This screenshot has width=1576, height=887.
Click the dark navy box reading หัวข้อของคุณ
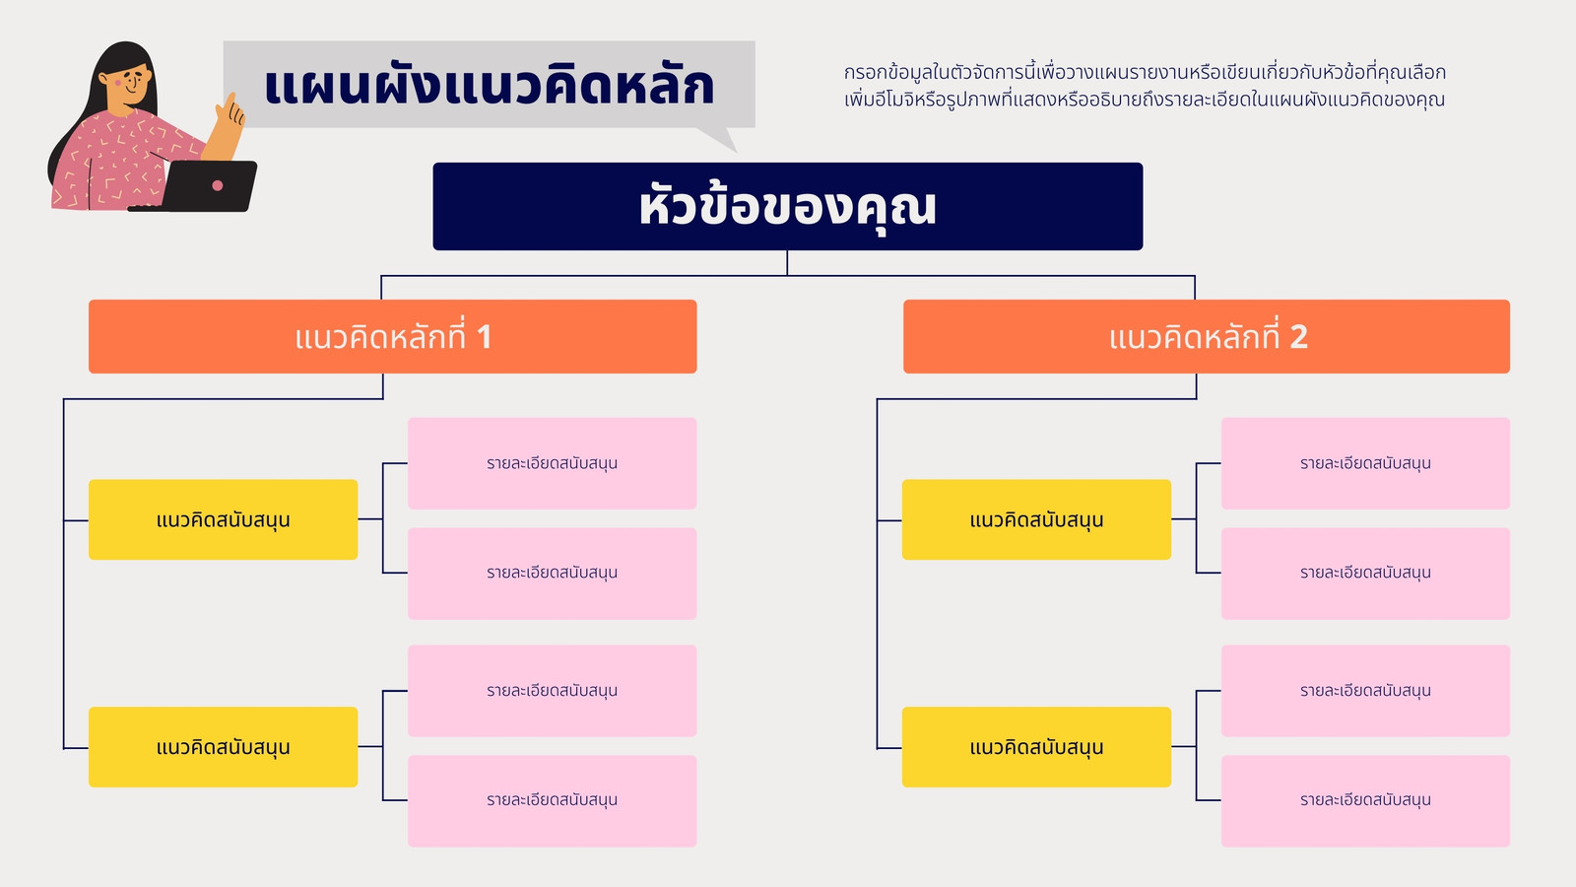tap(787, 206)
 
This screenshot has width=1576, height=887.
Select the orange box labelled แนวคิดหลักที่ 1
tap(393, 336)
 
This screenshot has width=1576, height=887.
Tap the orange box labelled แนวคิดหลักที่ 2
tap(1207, 336)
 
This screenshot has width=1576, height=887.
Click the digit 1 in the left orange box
tap(484, 337)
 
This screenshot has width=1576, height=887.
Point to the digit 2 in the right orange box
tap(1299, 337)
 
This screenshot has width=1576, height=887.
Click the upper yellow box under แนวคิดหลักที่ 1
tap(223, 519)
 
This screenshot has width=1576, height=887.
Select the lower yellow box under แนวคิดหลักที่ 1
tap(223, 747)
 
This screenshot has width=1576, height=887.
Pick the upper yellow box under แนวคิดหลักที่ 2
tap(1036, 519)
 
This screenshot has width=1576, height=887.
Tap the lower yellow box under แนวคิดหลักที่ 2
tap(1036, 747)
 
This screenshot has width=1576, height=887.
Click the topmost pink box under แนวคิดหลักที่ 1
tap(553, 463)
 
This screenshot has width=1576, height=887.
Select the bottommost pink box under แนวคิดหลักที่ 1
tap(553, 801)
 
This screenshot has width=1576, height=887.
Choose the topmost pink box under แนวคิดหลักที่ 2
tap(1365, 463)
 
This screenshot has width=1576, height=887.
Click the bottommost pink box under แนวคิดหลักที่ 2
tap(1365, 801)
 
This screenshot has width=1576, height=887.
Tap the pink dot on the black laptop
tap(218, 186)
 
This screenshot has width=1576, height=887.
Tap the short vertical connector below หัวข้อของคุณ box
tap(787, 262)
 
